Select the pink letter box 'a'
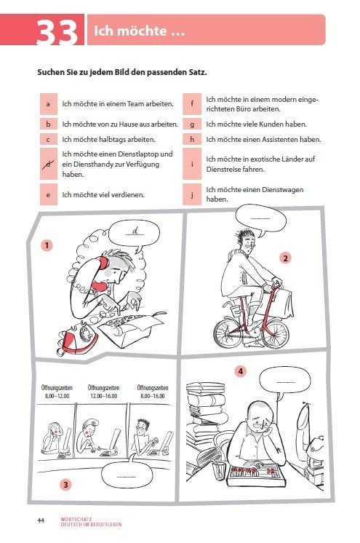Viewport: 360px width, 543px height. tap(47, 104)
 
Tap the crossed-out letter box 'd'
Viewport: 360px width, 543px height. tap(47, 165)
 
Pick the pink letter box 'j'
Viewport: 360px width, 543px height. tap(193, 194)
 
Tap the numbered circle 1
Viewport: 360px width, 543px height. tap(47, 245)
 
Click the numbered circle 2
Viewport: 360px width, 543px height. tap(286, 258)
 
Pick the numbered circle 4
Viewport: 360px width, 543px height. tap(241, 371)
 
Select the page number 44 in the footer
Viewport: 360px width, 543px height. tap(41, 520)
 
